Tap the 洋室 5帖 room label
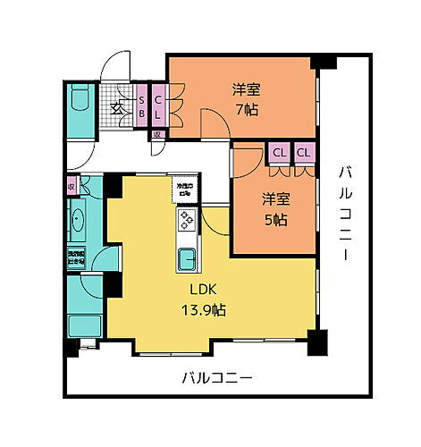click(274, 208)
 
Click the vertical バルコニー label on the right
click(344, 213)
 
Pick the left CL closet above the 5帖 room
click(280, 153)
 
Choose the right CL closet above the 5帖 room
click(304, 153)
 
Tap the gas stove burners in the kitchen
click(186, 219)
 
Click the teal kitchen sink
click(186, 260)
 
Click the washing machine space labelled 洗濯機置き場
click(75, 257)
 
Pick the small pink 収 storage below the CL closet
click(156, 136)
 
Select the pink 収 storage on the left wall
click(72, 188)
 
